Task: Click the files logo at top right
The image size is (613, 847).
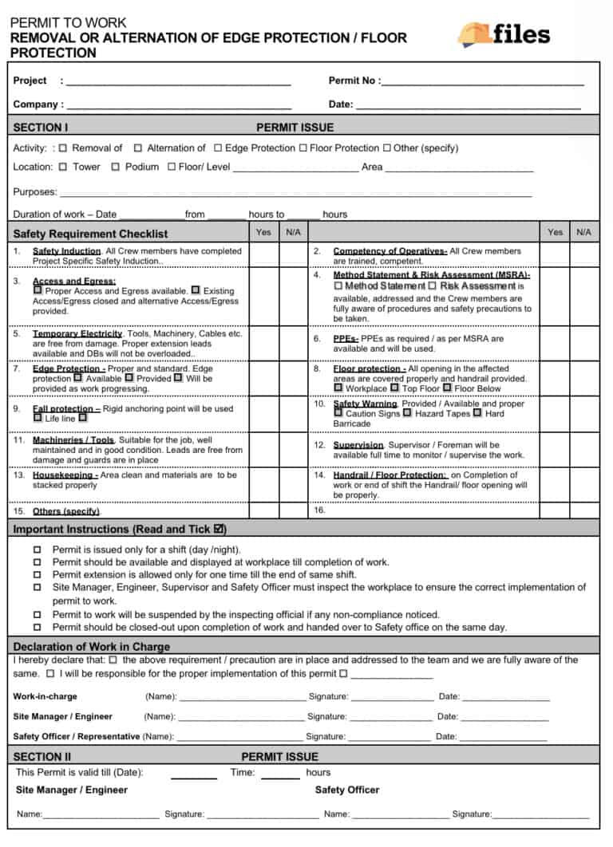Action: pyautogui.click(x=504, y=33)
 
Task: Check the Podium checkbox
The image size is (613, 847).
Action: pyautogui.click(x=115, y=167)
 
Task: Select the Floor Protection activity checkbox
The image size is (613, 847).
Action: pyautogui.click(x=303, y=148)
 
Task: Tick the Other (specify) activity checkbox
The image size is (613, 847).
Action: pyautogui.click(x=387, y=148)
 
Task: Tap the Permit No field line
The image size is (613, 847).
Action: pyautogui.click(x=482, y=83)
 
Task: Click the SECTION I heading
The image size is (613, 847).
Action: pyautogui.click(x=41, y=127)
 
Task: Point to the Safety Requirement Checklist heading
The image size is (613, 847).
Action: pyautogui.click(x=90, y=234)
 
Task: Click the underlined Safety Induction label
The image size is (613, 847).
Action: pyautogui.click(x=66, y=251)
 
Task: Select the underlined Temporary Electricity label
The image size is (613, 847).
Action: pyautogui.click(x=77, y=333)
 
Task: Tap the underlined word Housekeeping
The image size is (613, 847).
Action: pyautogui.click(x=65, y=475)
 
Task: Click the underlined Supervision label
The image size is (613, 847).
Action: pyautogui.click(x=358, y=444)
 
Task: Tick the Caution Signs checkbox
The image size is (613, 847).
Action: pyautogui.click(x=338, y=413)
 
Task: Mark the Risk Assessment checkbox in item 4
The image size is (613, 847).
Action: pyautogui.click(x=433, y=286)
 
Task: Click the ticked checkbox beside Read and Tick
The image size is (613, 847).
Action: pyautogui.click(x=219, y=528)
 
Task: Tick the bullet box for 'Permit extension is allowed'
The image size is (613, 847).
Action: pyautogui.click(x=37, y=575)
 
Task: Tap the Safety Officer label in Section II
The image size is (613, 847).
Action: pyautogui.click(x=347, y=790)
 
